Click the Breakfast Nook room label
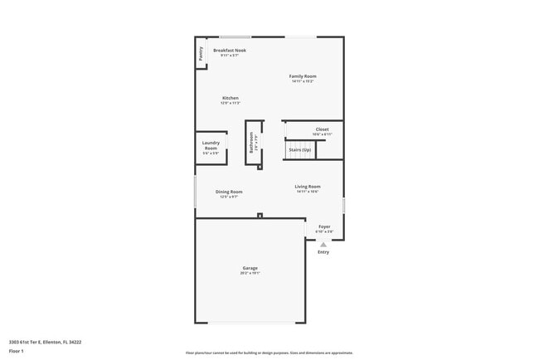(x=230, y=51)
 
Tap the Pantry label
(x=202, y=54)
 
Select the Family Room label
(x=303, y=76)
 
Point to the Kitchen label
(x=230, y=98)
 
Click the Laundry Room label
(x=211, y=145)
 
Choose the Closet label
(x=322, y=129)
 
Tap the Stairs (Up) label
(x=299, y=149)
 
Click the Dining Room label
(x=229, y=192)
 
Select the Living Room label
(x=307, y=187)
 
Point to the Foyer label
(x=324, y=226)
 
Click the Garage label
(x=250, y=268)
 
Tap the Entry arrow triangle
(x=323, y=245)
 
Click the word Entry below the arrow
(x=323, y=252)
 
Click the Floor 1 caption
(x=17, y=351)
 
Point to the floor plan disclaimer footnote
(x=269, y=352)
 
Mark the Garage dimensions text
(x=250, y=274)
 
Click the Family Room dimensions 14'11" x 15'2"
(x=303, y=81)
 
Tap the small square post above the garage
(x=260, y=216)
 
